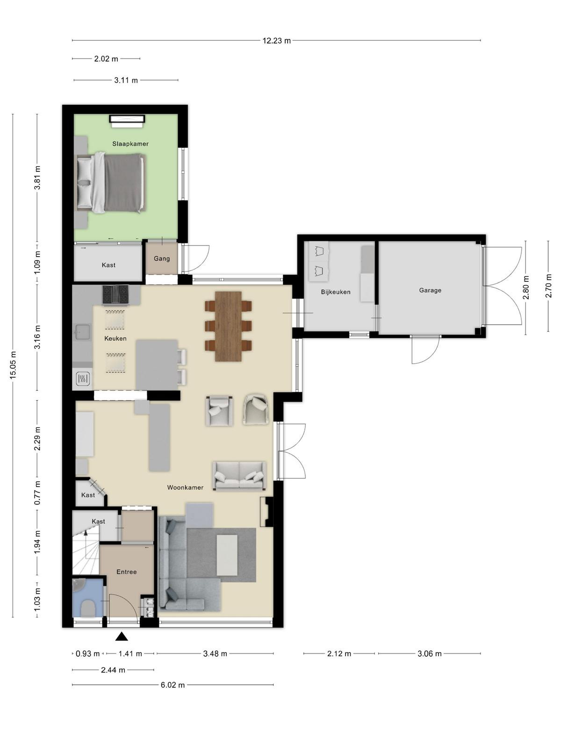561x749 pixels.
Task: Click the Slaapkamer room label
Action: point(130,144)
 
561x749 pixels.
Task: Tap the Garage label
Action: point(430,290)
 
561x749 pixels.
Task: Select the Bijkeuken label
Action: point(336,292)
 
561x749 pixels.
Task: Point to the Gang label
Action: point(161,259)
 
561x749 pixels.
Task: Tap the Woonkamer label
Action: point(185,487)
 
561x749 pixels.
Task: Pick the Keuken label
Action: point(115,338)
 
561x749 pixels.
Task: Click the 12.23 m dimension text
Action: point(277,41)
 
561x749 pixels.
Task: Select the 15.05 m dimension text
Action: point(13,365)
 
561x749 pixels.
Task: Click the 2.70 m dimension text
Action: point(548,286)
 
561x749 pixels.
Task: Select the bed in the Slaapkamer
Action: point(111,183)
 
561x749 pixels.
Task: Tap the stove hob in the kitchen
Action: point(115,294)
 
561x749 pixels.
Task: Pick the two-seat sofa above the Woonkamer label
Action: point(239,476)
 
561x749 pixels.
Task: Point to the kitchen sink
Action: point(82,332)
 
